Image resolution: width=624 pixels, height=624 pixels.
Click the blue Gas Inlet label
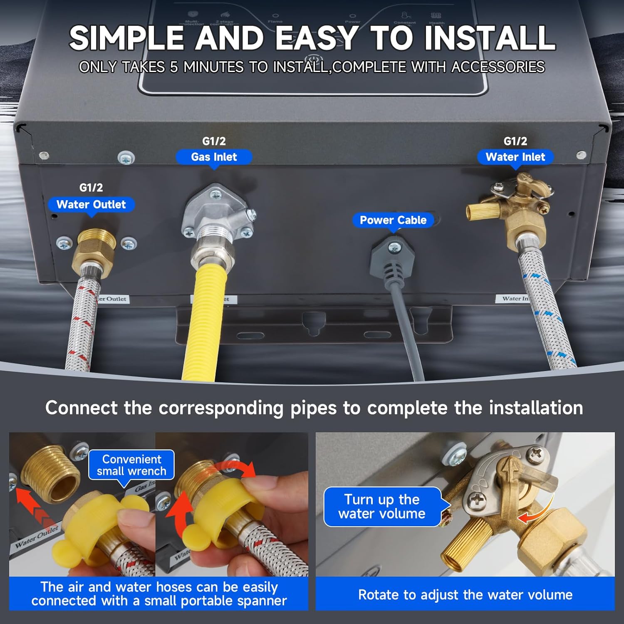[214, 157]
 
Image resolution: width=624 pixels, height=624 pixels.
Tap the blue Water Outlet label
[91, 204]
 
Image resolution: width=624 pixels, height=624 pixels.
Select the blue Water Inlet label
[515, 157]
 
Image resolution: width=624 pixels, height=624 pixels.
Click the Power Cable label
[393, 220]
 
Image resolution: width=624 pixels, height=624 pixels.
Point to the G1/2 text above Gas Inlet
[214, 141]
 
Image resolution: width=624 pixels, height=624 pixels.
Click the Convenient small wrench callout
[131, 465]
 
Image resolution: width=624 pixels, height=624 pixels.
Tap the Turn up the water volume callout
[382, 506]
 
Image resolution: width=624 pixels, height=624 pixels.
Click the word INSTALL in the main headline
[489, 38]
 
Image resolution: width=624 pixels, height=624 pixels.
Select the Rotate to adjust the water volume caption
[465, 594]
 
